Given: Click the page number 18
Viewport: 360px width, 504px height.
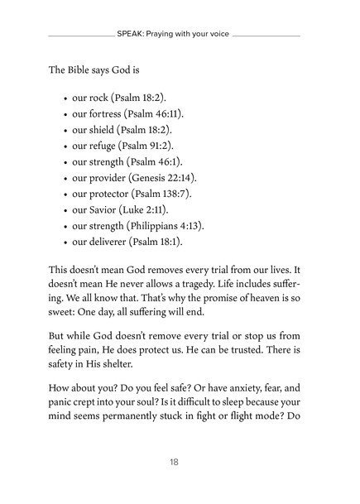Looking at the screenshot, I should pos(180,462).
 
